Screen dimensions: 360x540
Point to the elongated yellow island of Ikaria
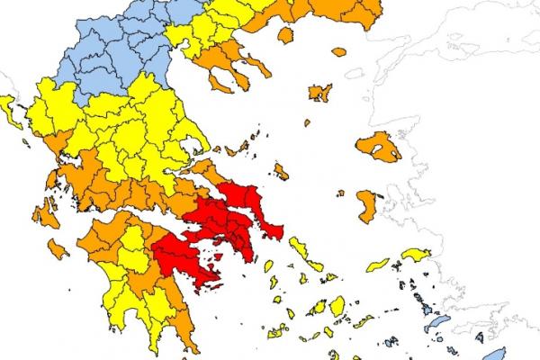[x=379, y=265]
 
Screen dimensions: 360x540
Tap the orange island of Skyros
[x=282, y=170]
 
